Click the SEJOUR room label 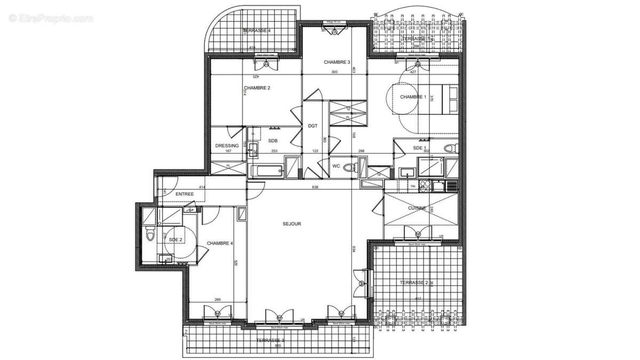292,224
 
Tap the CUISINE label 417,209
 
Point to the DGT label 313,126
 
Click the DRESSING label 226,145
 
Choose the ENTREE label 185,194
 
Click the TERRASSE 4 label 257,31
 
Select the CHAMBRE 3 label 337,62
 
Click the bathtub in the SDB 267,171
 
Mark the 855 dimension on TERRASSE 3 277,346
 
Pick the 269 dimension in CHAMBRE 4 217,300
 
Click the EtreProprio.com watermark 51,19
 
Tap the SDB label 273,141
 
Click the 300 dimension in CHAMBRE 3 334,72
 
